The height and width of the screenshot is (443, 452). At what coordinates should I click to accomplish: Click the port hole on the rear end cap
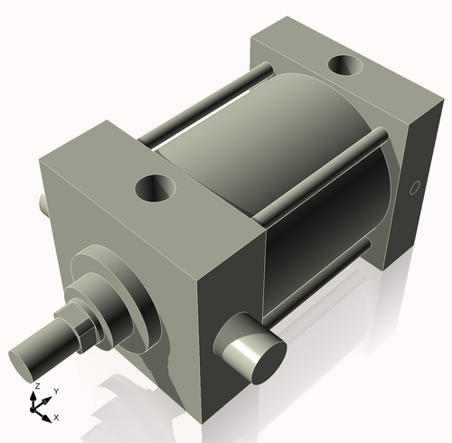click(345, 66)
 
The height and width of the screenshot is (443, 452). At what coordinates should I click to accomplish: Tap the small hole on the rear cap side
click(415, 188)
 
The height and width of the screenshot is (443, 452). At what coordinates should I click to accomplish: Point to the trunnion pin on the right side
click(250, 346)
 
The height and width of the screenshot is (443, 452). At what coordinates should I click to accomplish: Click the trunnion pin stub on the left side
click(43, 203)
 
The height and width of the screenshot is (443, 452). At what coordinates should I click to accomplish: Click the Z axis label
click(36, 386)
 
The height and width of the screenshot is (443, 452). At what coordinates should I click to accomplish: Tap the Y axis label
click(56, 391)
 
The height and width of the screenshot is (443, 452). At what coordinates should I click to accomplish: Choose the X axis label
click(56, 417)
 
